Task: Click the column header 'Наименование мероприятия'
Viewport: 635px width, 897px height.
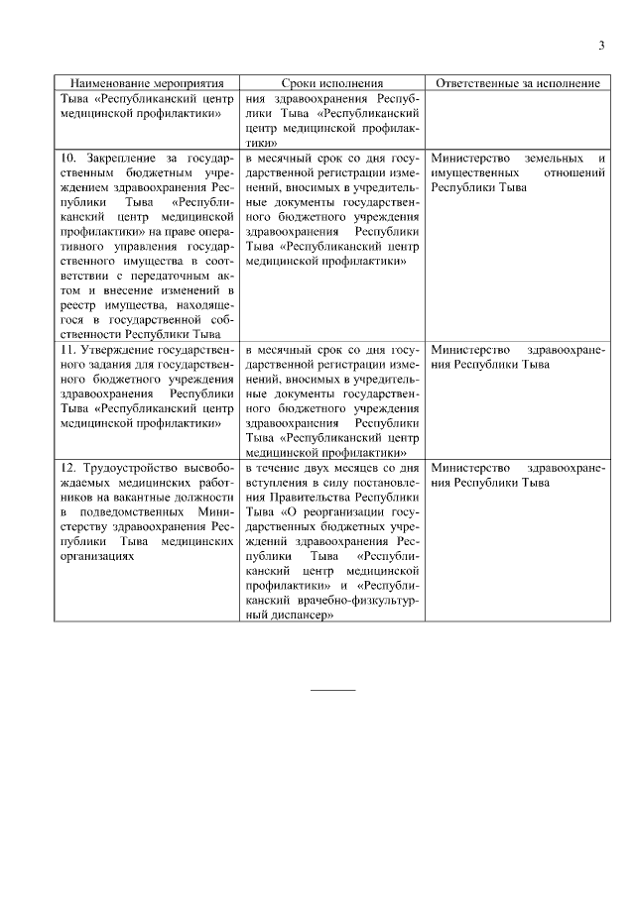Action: point(147,84)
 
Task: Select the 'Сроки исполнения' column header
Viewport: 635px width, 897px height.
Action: point(331,84)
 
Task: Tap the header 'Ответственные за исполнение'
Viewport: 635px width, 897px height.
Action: point(516,84)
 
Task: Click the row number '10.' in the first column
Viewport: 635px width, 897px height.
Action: point(68,159)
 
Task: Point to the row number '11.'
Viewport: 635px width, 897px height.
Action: point(68,351)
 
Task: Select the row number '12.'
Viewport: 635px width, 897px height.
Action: point(68,467)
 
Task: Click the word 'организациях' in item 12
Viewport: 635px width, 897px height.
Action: point(95,556)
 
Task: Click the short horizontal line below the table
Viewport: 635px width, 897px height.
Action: point(332,689)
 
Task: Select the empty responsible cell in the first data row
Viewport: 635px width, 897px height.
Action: point(516,120)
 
